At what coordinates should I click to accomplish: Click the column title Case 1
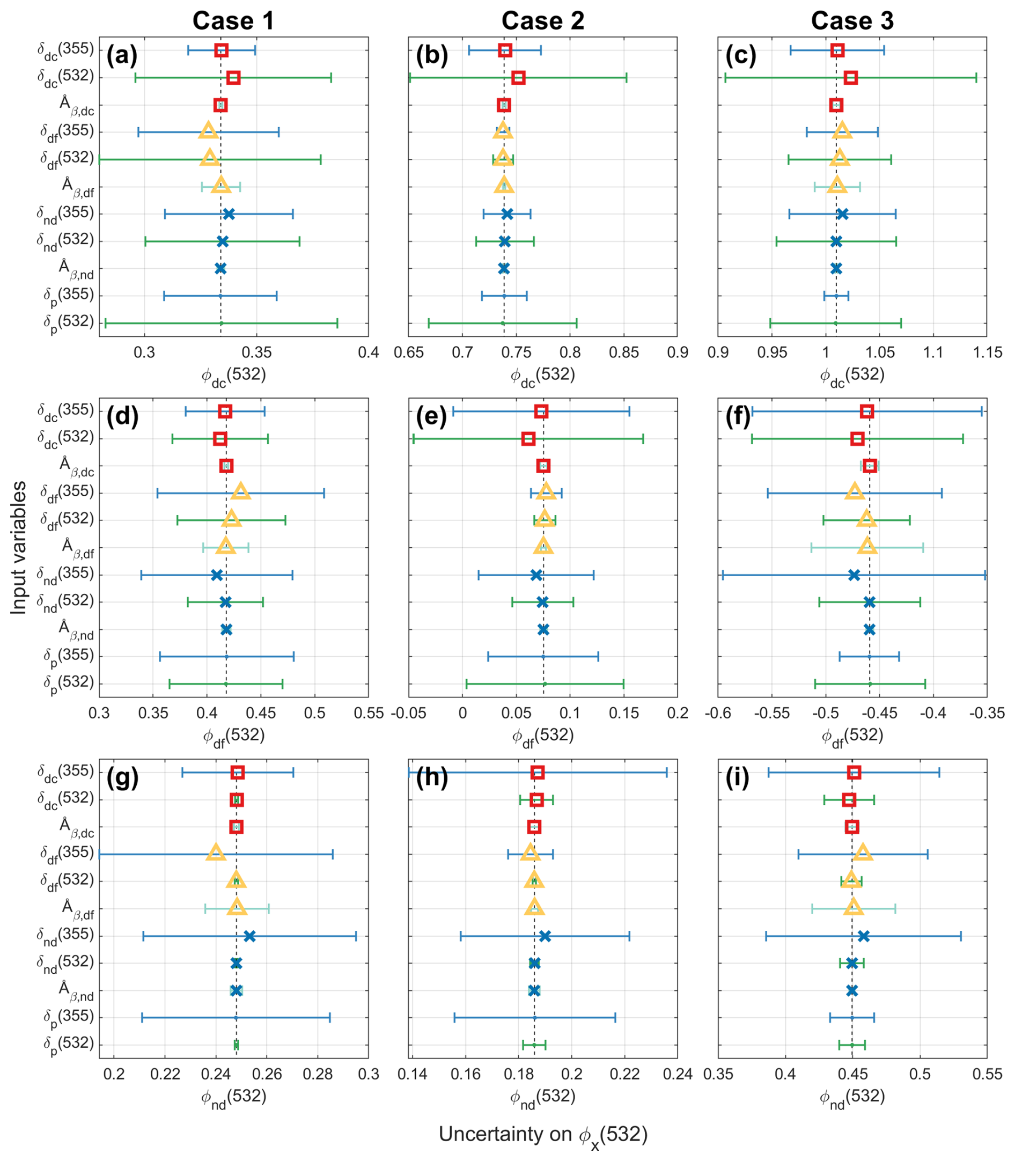pos(233,21)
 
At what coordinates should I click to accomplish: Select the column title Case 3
pos(852,21)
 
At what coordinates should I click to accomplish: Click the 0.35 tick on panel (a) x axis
pos(256,352)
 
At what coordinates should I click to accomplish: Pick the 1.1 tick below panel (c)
pos(933,352)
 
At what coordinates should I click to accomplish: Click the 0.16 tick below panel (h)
pos(466,1074)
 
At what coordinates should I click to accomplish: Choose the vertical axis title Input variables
pos(19,547)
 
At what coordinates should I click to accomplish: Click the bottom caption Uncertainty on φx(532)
pos(542,1135)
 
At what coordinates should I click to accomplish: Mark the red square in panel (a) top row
pos(222,50)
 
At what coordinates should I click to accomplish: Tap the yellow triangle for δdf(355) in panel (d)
pos(241,491)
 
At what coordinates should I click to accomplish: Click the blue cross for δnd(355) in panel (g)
pos(249,936)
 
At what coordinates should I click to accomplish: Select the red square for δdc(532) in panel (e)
pos(528,438)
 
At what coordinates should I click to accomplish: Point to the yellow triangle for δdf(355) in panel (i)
pos(863,853)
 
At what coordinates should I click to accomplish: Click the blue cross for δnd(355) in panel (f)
pos(854,575)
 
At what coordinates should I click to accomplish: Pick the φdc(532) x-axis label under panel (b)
pos(542,376)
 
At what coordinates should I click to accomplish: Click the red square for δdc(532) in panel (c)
pos(850,78)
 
